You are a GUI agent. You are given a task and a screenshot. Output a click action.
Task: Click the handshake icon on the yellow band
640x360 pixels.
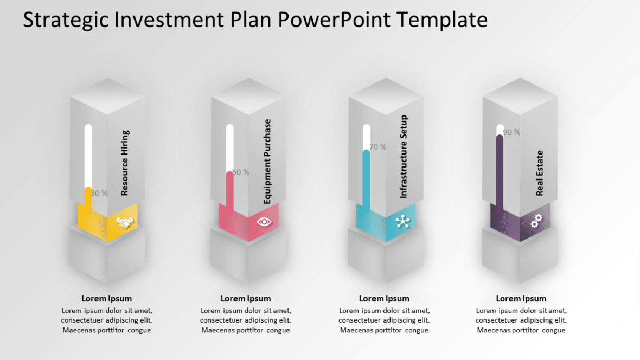tap(125, 222)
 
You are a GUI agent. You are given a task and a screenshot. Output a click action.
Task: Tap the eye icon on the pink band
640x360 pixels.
tap(264, 221)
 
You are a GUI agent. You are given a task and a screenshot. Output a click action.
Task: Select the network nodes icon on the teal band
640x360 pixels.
tap(402, 221)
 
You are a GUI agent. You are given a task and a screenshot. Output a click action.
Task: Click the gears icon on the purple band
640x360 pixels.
tap(536, 221)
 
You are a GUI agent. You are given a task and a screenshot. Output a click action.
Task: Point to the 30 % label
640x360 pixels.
tap(100, 193)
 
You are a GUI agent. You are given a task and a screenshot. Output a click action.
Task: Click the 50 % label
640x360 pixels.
tap(240, 172)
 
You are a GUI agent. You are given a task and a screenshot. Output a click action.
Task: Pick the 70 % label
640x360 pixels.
tap(377, 147)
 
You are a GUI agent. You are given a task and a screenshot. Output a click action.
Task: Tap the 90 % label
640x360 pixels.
tap(511, 132)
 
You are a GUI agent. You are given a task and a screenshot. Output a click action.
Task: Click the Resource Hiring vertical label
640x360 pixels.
tap(125, 163)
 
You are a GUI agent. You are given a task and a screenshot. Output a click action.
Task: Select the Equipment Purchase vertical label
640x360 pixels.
tap(267, 162)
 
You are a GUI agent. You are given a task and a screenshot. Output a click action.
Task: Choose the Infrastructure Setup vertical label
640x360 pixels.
tap(404, 157)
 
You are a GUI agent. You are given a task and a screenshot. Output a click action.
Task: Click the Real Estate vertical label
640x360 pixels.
tap(540, 173)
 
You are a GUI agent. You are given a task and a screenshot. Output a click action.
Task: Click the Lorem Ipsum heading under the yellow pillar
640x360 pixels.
tap(107, 298)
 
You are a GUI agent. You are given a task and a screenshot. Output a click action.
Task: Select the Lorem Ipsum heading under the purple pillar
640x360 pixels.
tap(521, 298)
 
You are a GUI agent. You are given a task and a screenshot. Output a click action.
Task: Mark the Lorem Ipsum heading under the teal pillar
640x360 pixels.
tap(384, 298)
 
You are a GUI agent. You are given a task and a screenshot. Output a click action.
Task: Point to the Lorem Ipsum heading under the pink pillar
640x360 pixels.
tap(246, 298)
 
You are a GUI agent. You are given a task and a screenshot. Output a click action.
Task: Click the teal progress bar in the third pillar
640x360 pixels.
tap(366, 182)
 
